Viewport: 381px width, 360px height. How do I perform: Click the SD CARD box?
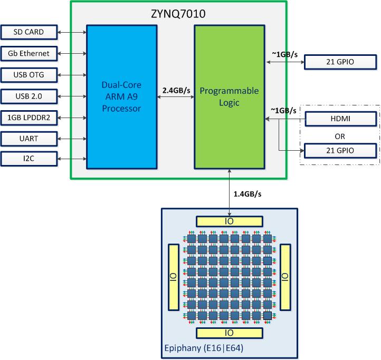(29, 32)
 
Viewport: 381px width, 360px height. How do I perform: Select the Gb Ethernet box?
(29, 53)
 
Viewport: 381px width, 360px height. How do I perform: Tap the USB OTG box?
(29, 75)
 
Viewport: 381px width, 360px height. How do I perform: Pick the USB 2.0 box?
(29, 96)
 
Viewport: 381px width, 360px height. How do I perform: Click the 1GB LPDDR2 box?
(29, 117)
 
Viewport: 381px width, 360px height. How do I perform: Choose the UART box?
(29, 139)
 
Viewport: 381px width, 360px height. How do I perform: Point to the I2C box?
(29, 159)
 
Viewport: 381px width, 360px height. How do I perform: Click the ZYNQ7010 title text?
(178, 13)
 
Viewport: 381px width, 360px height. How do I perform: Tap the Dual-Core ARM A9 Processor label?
(121, 96)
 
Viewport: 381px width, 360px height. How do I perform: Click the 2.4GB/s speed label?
(176, 90)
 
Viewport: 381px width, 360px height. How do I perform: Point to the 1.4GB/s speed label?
(247, 194)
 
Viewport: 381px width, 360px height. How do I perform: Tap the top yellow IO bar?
(228, 221)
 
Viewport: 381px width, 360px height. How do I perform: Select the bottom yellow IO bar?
(228, 333)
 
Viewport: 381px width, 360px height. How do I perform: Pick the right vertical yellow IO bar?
(284, 276)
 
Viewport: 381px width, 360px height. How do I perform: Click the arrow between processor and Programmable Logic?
(175, 99)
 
